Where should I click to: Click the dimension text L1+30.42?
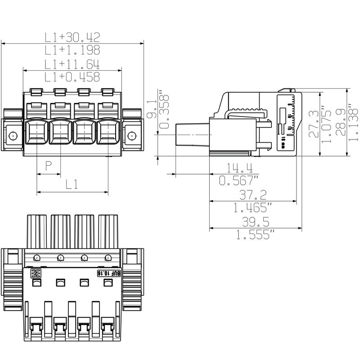pos(72,37)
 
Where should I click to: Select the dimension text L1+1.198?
pos(72,50)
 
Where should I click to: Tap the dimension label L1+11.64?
pos(72,64)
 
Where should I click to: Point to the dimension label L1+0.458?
pos(72,77)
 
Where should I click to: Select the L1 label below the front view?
pos(72,184)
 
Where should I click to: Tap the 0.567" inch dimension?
pos(239,181)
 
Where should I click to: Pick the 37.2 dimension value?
pos(253,195)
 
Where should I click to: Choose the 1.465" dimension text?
pos(253,207)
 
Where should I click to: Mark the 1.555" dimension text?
pos(255,234)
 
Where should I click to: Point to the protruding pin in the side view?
pos(192,135)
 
